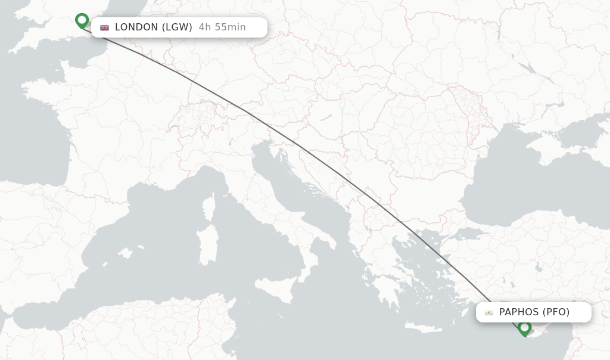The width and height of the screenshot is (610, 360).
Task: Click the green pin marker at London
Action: (x=82, y=21)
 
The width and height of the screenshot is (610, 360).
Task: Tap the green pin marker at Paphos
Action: (x=524, y=327)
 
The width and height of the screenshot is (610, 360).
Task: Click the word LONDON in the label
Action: (x=136, y=27)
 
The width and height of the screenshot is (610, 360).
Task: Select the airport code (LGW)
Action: (x=177, y=27)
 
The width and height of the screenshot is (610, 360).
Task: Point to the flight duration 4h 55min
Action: (x=222, y=27)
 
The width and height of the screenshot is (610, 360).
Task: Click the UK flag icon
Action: (x=105, y=27)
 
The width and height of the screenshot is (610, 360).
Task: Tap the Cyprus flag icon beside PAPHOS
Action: (x=489, y=312)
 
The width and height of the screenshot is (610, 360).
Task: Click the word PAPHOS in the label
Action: (x=519, y=312)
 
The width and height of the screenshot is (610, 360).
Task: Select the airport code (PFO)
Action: (x=556, y=312)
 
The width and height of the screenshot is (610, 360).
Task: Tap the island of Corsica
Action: (x=208, y=206)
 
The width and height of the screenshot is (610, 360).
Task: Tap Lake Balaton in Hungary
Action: (x=324, y=118)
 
